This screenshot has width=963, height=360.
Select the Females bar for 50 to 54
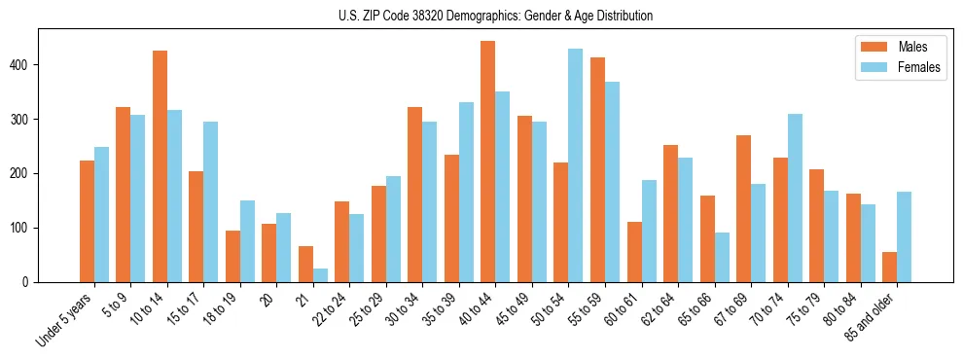[576, 165]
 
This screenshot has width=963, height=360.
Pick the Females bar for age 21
[320, 275]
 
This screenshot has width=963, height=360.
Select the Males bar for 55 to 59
[597, 170]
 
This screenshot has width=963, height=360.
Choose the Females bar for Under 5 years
[101, 215]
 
